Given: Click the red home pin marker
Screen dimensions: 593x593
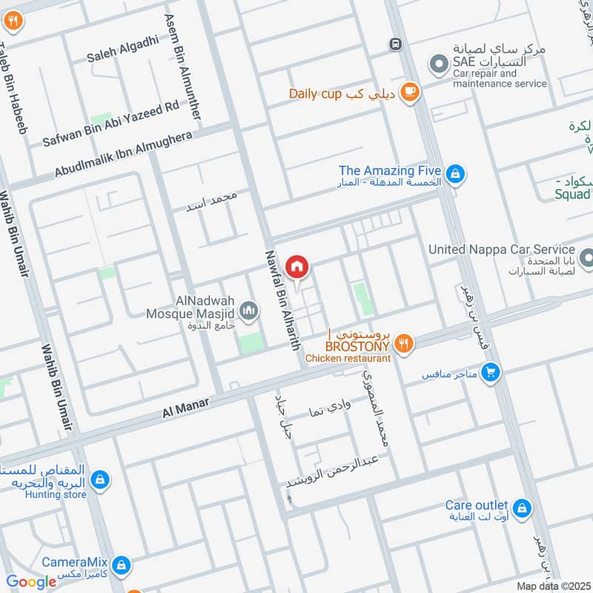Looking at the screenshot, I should coord(297,266).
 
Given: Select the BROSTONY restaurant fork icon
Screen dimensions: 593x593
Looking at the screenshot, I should coord(403,342).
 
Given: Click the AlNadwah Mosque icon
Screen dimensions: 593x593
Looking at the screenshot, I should coord(250,311).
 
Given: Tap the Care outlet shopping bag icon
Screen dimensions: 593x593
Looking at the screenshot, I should coord(523,508).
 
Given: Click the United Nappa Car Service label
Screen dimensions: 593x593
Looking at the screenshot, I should coord(502,250).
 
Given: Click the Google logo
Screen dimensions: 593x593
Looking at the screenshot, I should coord(31,582).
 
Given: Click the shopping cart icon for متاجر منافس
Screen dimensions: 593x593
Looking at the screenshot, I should coord(488,373).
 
